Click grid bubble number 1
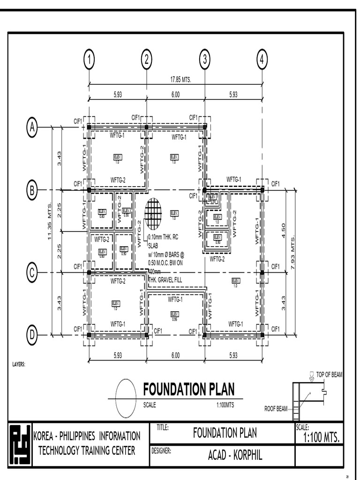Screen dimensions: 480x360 tap(89, 60)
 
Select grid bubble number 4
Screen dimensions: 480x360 tap(262, 60)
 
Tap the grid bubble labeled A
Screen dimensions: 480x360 tap(32, 127)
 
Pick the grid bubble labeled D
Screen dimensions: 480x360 tap(32, 335)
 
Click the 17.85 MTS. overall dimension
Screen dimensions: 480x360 tap(180, 80)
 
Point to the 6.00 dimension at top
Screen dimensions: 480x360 tap(175, 94)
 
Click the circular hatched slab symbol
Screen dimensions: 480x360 tap(153, 214)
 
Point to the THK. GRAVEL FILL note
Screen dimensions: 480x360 tap(165, 280)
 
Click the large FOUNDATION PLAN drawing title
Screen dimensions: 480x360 tap(188, 390)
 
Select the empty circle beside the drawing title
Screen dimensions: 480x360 tap(126, 397)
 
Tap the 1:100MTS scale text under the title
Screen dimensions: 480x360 tap(225, 405)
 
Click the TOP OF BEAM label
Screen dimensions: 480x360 tap(329, 375)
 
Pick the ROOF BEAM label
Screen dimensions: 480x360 tap(276, 409)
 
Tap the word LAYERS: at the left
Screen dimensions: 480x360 tap(19, 364)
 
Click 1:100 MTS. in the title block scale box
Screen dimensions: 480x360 tap(321, 438)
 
